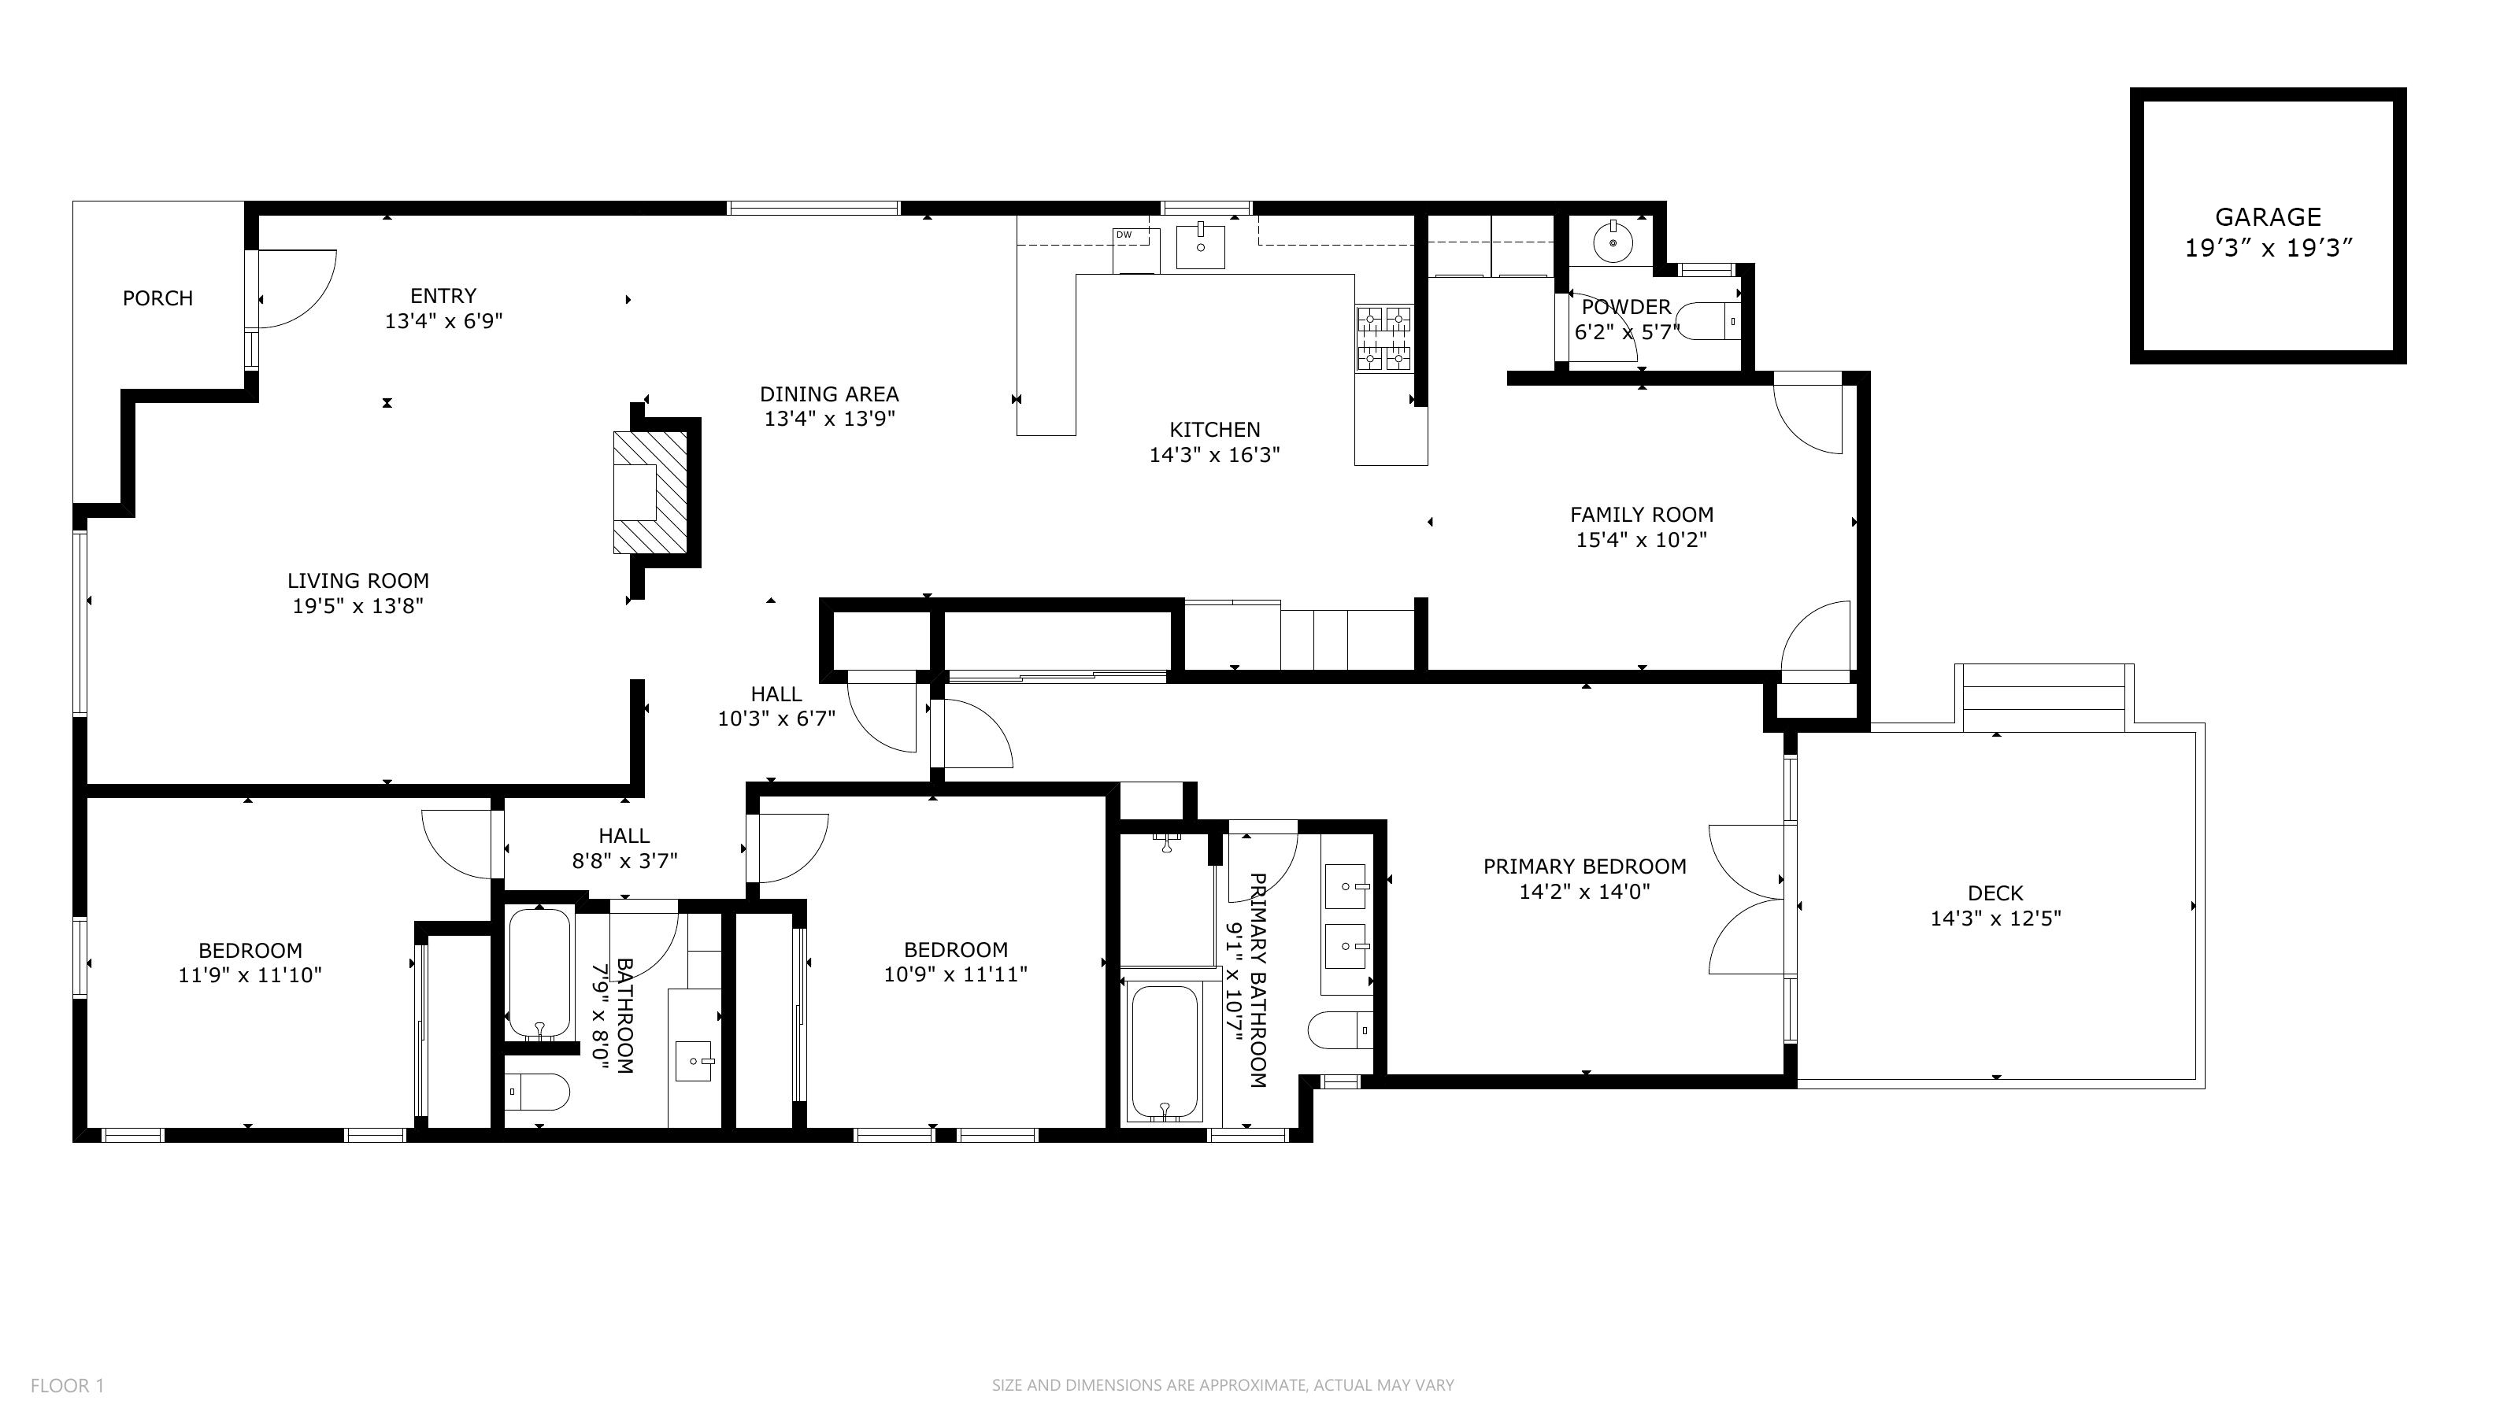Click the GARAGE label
[2268, 217]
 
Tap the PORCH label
[157, 298]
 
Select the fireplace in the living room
[650, 492]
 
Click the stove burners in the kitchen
[1383, 338]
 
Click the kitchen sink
[1200, 246]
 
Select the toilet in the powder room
[1709, 320]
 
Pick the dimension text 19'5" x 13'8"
[357, 606]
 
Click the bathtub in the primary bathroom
[1163, 1052]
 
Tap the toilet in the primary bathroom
[1340, 1030]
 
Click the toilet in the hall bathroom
[537, 1092]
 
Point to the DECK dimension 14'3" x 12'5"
[1995, 918]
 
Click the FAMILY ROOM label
[1641, 514]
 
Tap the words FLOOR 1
[68, 1385]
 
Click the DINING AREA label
[829, 394]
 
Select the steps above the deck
[2044, 698]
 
